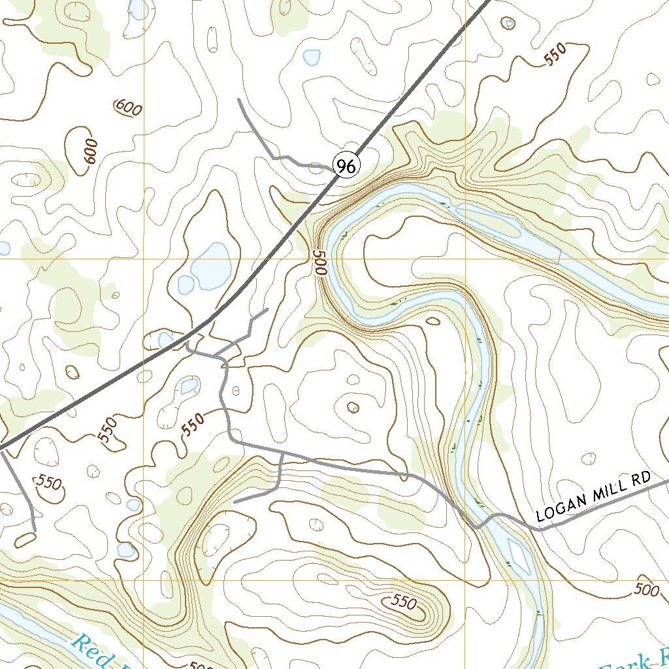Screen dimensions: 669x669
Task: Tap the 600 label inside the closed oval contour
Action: pyautogui.click(x=90, y=152)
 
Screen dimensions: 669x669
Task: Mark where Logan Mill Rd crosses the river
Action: pyautogui.click(x=479, y=525)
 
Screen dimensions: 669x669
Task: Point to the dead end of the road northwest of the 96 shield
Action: pyautogui.click(x=239, y=99)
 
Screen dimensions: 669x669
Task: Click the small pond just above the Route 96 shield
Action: pyautogui.click(x=312, y=57)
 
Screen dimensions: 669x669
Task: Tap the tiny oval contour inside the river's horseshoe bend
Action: pyautogui.click(x=432, y=321)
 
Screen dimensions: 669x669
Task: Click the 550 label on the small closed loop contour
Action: pyautogui.click(x=49, y=483)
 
